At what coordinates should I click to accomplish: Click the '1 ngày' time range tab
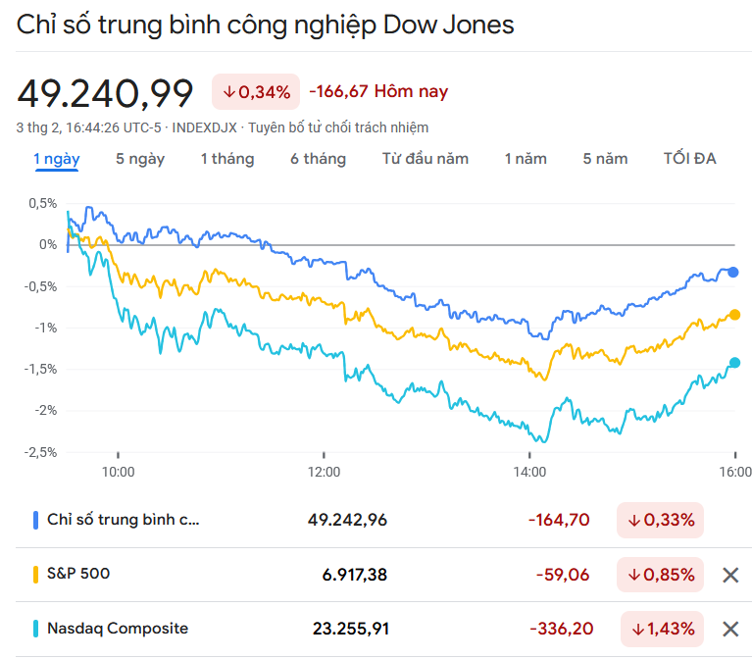tap(57, 158)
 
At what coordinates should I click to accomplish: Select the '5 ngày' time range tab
tap(140, 158)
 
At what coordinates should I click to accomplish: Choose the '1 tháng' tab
tap(227, 158)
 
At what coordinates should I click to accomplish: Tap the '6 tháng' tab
tap(318, 158)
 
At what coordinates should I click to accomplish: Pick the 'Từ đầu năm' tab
tap(426, 158)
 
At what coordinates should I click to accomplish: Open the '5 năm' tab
tap(605, 158)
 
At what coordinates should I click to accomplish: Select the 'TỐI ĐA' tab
tap(690, 158)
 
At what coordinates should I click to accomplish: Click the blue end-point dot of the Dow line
tap(733, 273)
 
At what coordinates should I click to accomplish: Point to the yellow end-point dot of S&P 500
tap(734, 315)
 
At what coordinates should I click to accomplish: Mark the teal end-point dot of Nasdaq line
tap(734, 363)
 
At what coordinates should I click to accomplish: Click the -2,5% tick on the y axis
tap(40, 452)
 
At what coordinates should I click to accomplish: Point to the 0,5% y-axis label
tap(42, 203)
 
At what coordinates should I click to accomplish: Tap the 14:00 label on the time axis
tap(529, 472)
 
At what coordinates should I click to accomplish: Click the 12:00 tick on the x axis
tap(324, 472)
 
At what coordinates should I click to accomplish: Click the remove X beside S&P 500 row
tap(730, 575)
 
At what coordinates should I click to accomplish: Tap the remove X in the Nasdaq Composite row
tap(730, 629)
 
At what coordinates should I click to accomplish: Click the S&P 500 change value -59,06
tap(563, 575)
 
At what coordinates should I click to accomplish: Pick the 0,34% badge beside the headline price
tap(257, 92)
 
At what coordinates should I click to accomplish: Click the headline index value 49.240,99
tap(105, 92)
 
